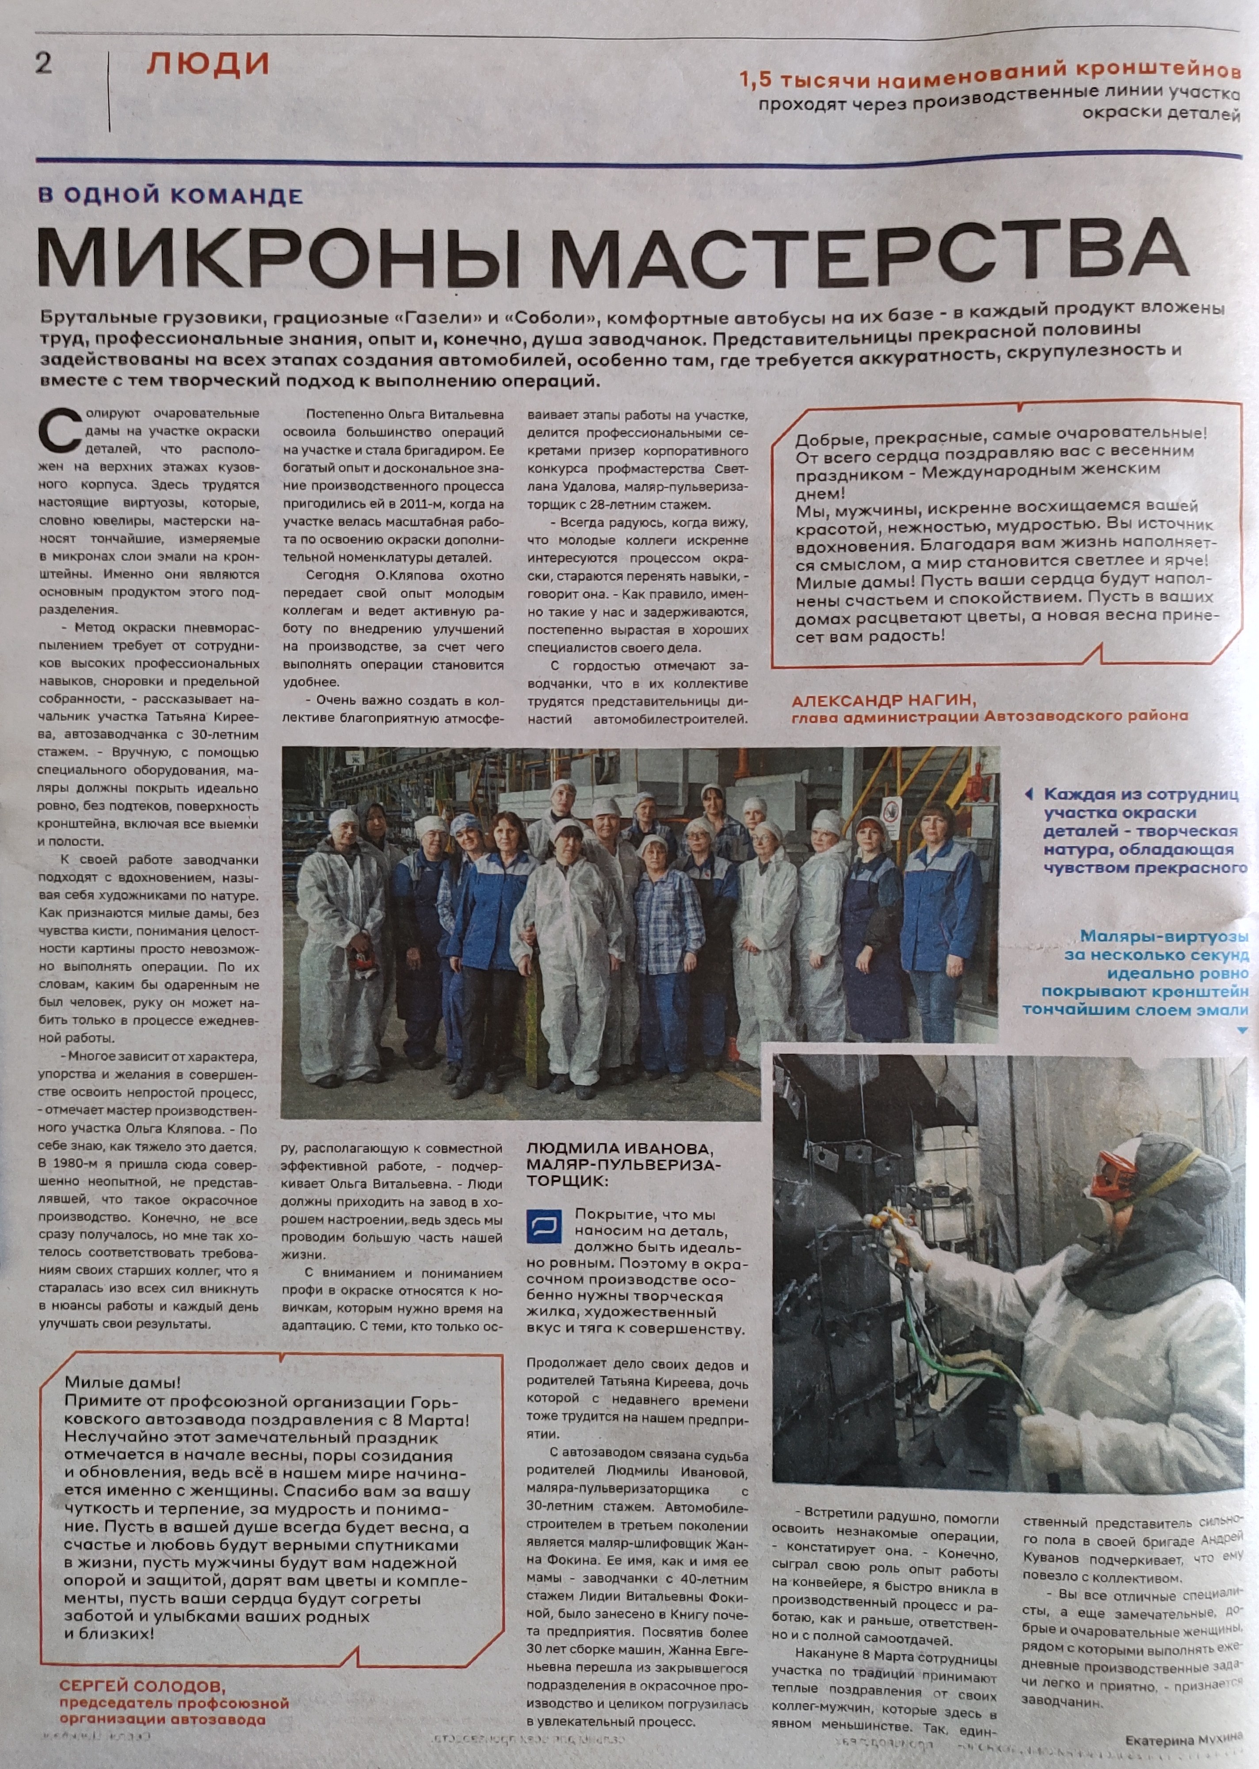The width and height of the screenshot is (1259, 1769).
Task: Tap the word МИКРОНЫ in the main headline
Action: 279,257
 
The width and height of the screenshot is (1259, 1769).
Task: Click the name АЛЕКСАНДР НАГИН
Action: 880,701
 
